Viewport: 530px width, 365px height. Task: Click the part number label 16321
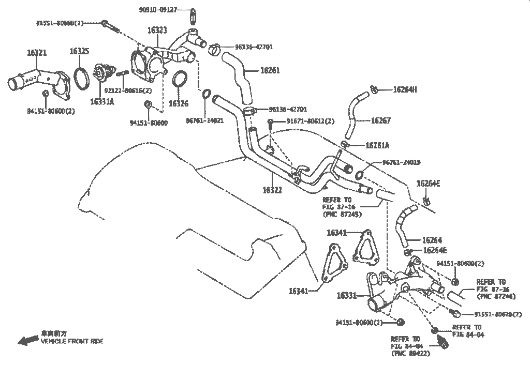[x=37, y=53]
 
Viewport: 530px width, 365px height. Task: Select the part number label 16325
[x=80, y=51]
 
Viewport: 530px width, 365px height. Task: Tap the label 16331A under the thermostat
[x=102, y=101]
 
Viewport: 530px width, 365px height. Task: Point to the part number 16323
[x=157, y=31]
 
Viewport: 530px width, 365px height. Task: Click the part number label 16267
[x=381, y=120]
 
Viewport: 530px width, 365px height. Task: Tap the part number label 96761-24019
[x=401, y=162]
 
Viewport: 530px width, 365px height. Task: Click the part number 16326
[x=179, y=103]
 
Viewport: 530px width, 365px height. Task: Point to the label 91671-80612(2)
[x=310, y=121]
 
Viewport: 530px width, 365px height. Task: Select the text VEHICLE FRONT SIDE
[x=72, y=341]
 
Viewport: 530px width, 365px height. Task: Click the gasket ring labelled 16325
[x=80, y=78]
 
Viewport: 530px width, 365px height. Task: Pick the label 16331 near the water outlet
[x=347, y=296]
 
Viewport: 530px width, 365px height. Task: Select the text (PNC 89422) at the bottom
[x=411, y=355]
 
